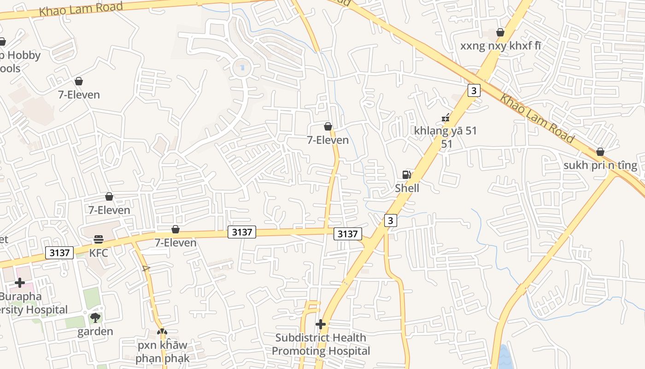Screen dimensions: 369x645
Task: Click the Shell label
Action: click(x=407, y=188)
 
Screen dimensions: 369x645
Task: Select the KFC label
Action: click(x=99, y=253)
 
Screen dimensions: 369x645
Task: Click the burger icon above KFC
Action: click(x=99, y=239)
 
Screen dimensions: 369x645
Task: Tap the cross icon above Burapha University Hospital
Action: click(x=20, y=282)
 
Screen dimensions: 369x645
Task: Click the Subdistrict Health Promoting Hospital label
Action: click(x=321, y=344)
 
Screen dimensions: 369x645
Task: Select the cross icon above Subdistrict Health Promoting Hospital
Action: click(x=321, y=324)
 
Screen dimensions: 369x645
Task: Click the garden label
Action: click(x=95, y=332)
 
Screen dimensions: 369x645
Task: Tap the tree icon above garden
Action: click(x=95, y=317)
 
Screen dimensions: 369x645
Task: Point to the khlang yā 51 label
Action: click(x=446, y=131)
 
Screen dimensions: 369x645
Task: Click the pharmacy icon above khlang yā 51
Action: click(x=446, y=118)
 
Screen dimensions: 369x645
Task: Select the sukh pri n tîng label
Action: click(x=600, y=166)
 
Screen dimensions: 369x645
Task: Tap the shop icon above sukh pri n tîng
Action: click(x=600, y=152)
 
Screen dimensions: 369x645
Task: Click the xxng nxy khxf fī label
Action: click(x=500, y=46)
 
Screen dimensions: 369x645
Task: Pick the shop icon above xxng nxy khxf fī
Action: click(x=500, y=32)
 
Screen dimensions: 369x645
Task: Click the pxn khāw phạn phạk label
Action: click(x=162, y=351)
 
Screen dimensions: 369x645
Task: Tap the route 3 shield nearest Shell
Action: click(x=391, y=220)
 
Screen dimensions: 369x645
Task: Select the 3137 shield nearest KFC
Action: click(x=60, y=253)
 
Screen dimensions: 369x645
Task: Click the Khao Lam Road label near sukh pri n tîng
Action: click(x=537, y=119)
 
